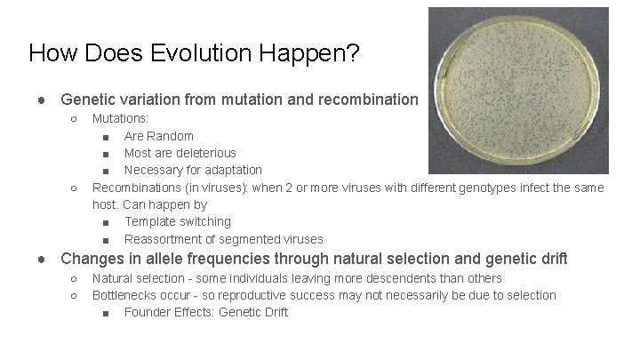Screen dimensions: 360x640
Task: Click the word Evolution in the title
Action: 207,53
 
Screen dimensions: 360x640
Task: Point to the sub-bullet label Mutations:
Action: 121,118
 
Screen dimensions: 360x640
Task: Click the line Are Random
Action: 158,136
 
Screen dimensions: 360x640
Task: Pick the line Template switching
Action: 177,221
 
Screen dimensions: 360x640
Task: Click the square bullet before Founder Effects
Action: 106,313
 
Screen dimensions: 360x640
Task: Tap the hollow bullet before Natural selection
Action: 74,279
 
